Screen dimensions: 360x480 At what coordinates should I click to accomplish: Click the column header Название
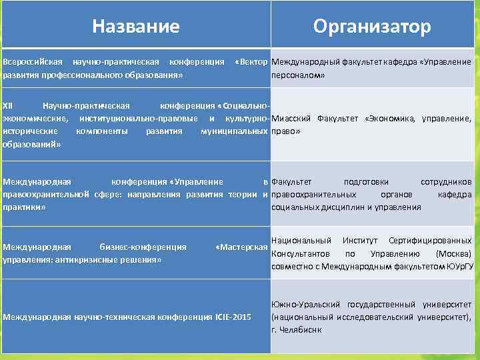click(135, 26)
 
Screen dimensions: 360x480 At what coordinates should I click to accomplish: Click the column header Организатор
click(373, 26)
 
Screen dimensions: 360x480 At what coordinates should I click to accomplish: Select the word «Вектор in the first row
click(251, 62)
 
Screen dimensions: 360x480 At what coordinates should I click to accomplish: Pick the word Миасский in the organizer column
click(291, 119)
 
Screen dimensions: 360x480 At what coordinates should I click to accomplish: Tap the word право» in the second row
click(287, 132)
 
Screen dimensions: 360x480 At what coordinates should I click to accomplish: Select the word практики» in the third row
click(24, 207)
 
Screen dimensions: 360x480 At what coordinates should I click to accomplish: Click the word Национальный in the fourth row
click(302, 240)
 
